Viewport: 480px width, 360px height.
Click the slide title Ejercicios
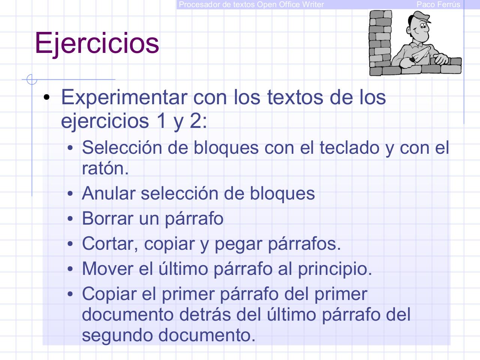97,43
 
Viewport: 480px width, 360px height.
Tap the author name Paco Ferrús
438,4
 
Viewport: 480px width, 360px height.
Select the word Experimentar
124,97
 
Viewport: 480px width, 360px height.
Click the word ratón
105,168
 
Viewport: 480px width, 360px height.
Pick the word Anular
108,193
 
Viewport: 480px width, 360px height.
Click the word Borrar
108,218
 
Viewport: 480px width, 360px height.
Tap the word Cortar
108,243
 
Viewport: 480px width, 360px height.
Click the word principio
334,268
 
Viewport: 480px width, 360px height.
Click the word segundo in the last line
117,335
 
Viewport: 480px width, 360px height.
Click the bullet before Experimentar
46,98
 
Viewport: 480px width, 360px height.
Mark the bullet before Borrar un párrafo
70,219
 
